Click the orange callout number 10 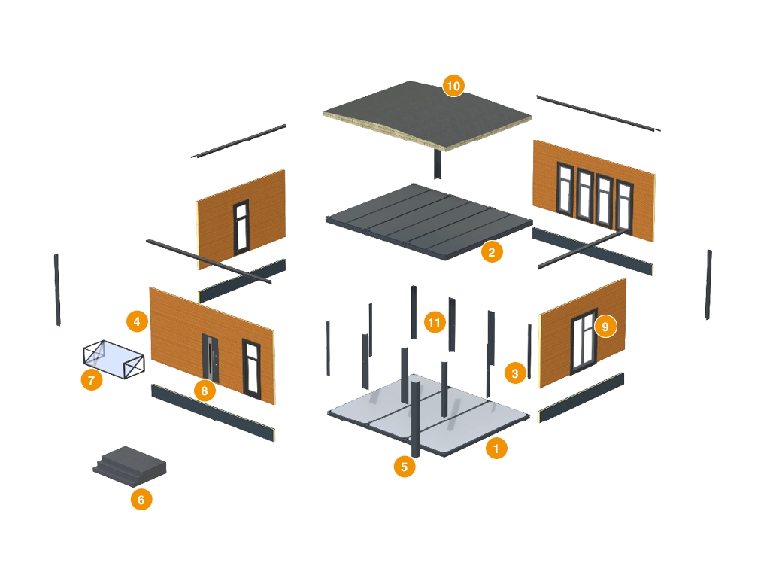pyautogui.click(x=453, y=86)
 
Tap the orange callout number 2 pyautogui.click(x=491, y=252)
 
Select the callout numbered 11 pyautogui.click(x=434, y=323)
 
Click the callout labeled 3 pyautogui.click(x=514, y=373)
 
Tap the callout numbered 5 pyautogui.click(x=404, y=466)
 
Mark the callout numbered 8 pyautogui.click(x=204, y=391)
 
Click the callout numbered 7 pyautogui.click(x=91, y=380)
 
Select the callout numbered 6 pyautogui.click(x=141, y=499)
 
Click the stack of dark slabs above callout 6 pyautogui.click(x=129, y=462)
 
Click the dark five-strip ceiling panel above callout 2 pyautogui.click(x=429, y=218)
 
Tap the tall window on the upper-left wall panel pyautogui.click(x=241, y=225)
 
